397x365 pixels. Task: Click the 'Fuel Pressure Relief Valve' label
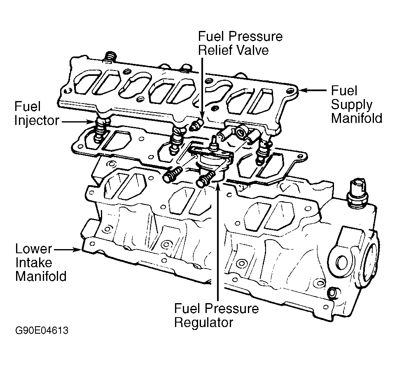[x=240, y=43]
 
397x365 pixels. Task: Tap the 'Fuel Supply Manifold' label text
[x=356, y=105]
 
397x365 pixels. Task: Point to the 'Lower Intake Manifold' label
[x=40, y=263]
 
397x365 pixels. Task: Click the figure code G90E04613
[x=41, y=331]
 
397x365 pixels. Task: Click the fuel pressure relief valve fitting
[x=197, y=125]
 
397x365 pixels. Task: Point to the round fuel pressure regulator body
[x=210, y=162]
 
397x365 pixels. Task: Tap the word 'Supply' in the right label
[x=352, y=105]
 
